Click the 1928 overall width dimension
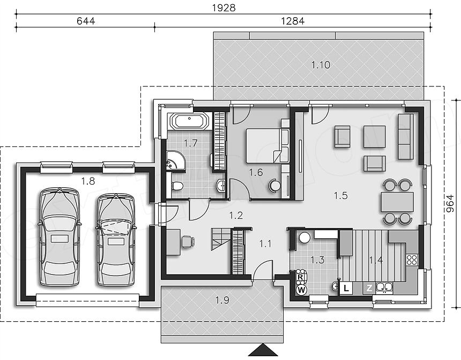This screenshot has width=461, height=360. (224, 8)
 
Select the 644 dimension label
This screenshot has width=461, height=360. (86, 21)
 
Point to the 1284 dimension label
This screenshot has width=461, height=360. (293, 21)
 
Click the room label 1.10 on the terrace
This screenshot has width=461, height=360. (321, 65)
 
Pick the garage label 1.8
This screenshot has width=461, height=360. (88, 181)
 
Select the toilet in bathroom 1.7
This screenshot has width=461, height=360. (177, 186)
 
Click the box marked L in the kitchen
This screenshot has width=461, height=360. (346, 288)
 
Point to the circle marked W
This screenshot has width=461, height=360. (301, 290)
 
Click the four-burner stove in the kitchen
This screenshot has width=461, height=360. (412, 260)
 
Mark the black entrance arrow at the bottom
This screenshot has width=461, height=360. (263, 350)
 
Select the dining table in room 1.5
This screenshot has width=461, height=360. (397, 202)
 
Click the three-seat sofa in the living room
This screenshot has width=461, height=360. (406, 137)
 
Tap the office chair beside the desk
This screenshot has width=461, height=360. (188, 241)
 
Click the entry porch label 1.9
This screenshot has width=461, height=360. (222, 300)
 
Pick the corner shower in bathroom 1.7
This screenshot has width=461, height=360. (176, 161)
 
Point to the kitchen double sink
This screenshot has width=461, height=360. (384, 287)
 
